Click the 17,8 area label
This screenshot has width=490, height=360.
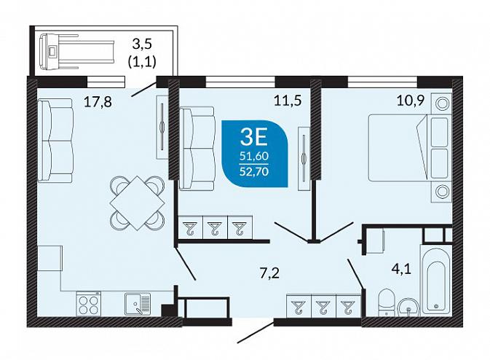point(98,102)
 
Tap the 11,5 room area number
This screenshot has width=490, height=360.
point(288,101)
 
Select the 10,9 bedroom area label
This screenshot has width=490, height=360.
point(411,101)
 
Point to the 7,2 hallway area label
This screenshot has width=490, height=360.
point(269,273)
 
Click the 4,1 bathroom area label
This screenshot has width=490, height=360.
point(401,269)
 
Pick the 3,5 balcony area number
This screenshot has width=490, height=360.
point(142,44)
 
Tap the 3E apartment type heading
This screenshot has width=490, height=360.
point(254,138)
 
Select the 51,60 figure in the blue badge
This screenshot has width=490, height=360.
point(254,156)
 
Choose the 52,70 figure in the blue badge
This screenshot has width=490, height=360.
point(254,171)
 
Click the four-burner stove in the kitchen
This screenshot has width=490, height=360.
point(88,305)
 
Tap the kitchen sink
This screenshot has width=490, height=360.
point(138,303)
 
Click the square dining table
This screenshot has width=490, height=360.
point(137,203)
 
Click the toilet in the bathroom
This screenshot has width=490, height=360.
point(387,302)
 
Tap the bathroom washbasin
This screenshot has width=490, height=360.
point(409,308)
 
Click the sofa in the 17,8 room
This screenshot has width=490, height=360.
point(55,141)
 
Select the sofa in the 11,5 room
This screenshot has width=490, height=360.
point(197,149)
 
